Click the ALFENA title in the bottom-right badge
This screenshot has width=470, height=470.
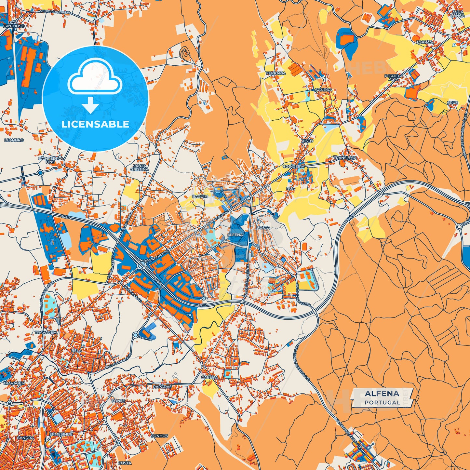coord(382,394)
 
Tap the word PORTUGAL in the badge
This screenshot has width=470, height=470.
coord(382,402)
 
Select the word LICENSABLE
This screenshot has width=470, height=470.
coord(95,124)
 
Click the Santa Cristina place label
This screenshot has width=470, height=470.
coord(140,168)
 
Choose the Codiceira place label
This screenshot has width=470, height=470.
coord(293,166)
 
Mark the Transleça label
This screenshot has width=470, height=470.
coord(345,158)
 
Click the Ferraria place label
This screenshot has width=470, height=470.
coord(275,73)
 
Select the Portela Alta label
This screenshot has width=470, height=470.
coord(394,77)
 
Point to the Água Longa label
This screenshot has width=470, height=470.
coord(458,14)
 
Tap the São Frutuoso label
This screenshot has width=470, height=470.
coord(14,24)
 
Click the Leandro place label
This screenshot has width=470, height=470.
coord(14,140)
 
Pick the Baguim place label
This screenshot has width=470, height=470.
coord(200,196)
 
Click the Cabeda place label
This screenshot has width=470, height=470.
coord(209,377)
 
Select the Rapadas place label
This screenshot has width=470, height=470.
coord(162,387)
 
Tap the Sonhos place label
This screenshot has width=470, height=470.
coord(159,436)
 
